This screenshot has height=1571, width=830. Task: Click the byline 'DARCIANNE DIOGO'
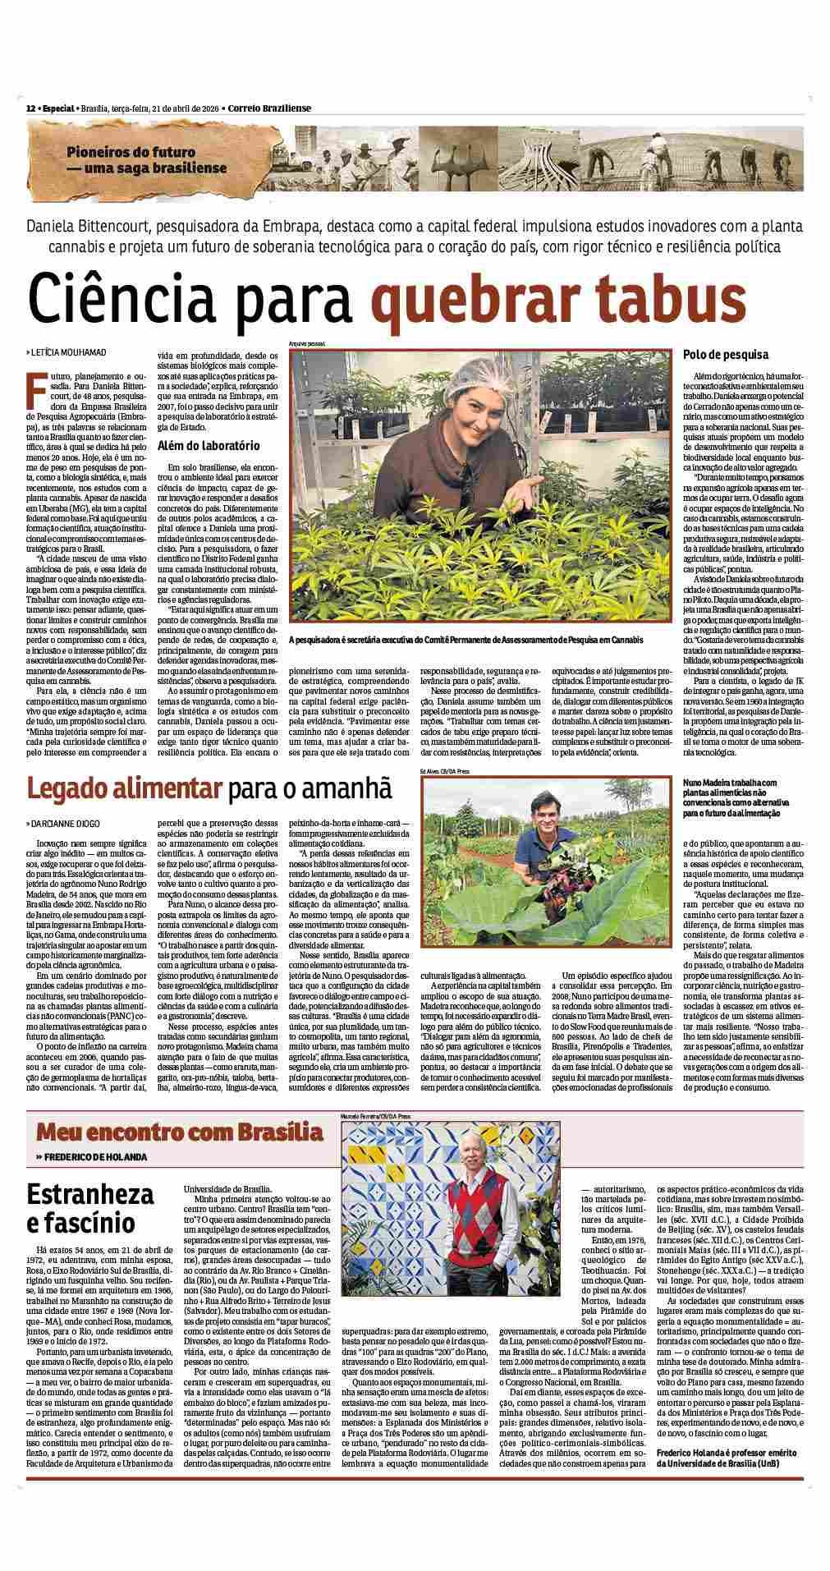click(66, 820)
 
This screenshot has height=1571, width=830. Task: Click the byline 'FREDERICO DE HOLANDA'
click(95, 1157)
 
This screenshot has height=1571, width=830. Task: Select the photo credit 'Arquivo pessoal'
click(307, 342)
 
